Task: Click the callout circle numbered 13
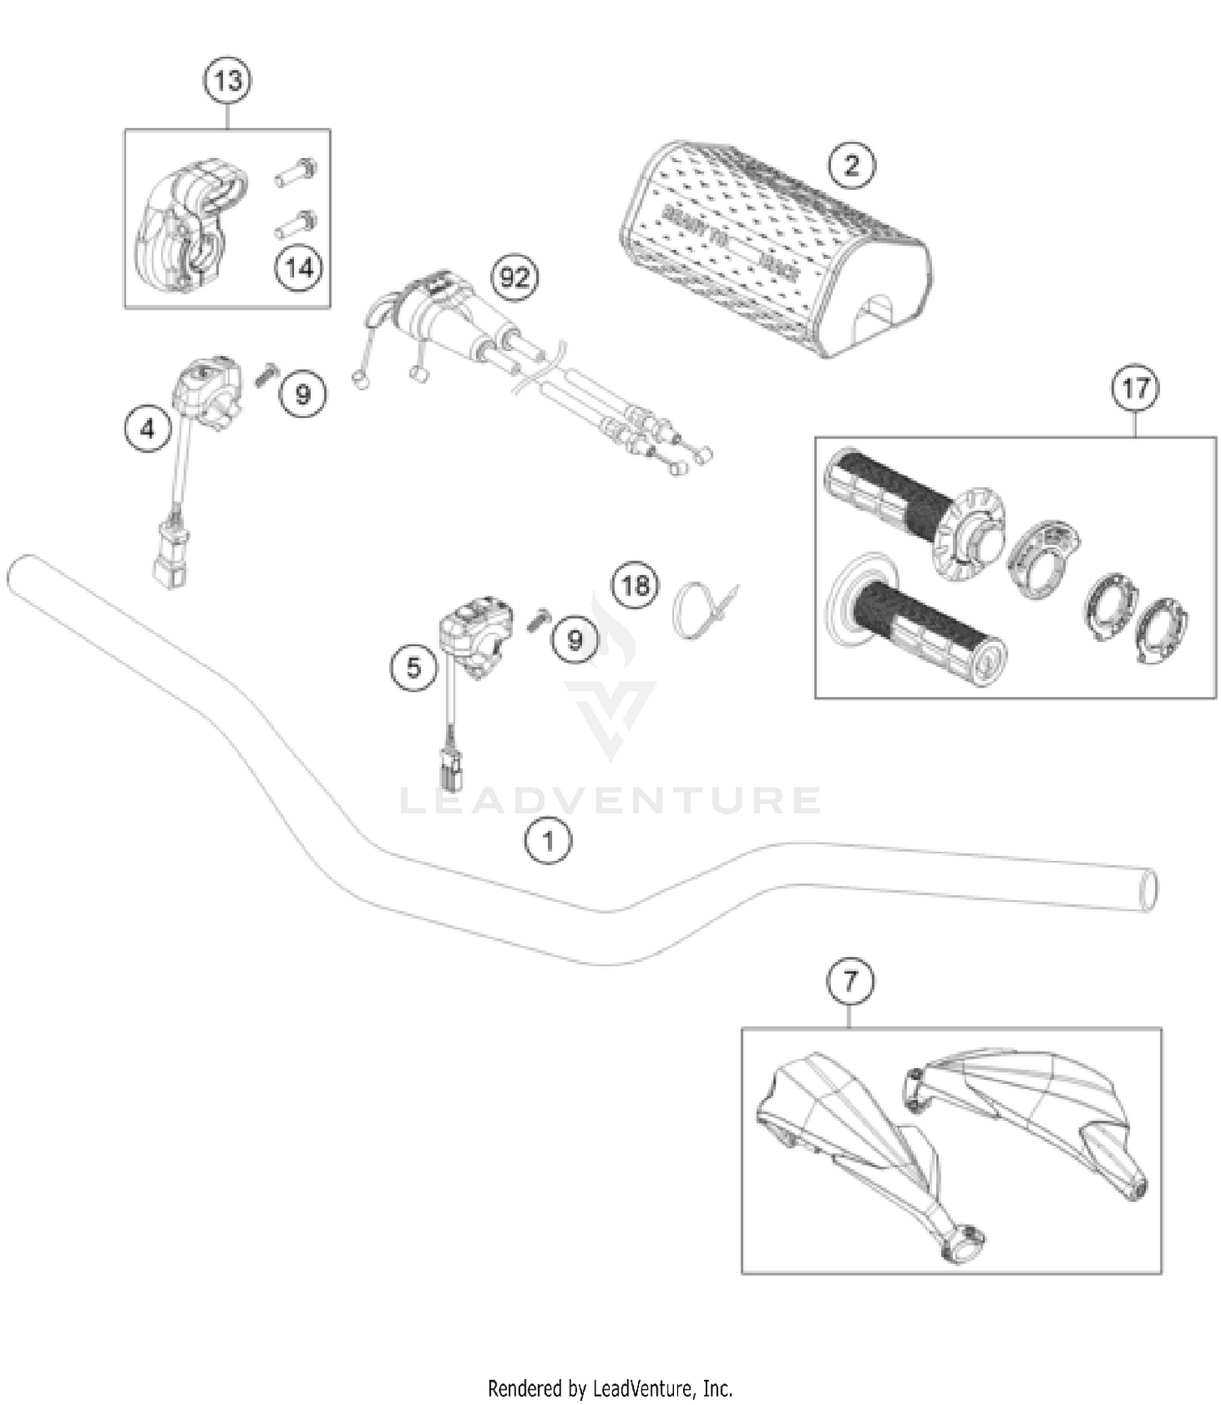click(x=227, y=81)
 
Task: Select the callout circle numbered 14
click(x=299, y=267)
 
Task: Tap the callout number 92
click(x=514, y=279)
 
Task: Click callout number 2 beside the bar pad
click(x=851, y=165)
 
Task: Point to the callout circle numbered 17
click(x=1136, y=389)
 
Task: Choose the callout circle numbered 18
click(x=636, y=585)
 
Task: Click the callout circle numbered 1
click(x=548, y=841)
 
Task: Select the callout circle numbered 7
click(x=850, y=981)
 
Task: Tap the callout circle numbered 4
click(x=148, y=428)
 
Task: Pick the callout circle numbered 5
click(x=414, y=668)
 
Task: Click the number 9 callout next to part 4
click(x=303, y=394)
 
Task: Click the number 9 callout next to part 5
click(x=575, y=640)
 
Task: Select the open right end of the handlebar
click(x=1147, y=890)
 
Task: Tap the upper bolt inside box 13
click(x=295, y=172)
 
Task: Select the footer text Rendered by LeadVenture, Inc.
click(x=610, y=1387)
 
